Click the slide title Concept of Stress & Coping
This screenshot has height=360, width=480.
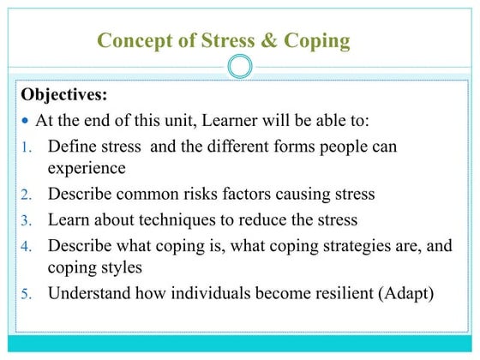tap(224, 39)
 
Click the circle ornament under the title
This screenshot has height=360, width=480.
tap(240, 66)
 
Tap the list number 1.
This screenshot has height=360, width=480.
tap(26, 147)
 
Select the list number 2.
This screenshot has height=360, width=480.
tap(26, 195)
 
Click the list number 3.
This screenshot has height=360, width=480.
tap(26, 220)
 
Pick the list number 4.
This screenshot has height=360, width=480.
tap(26, 247)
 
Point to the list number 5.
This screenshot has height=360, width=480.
tap(26, 294)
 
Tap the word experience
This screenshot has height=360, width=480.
tap(87, 167)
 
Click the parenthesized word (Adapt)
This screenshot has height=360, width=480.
tap(404, 293)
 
